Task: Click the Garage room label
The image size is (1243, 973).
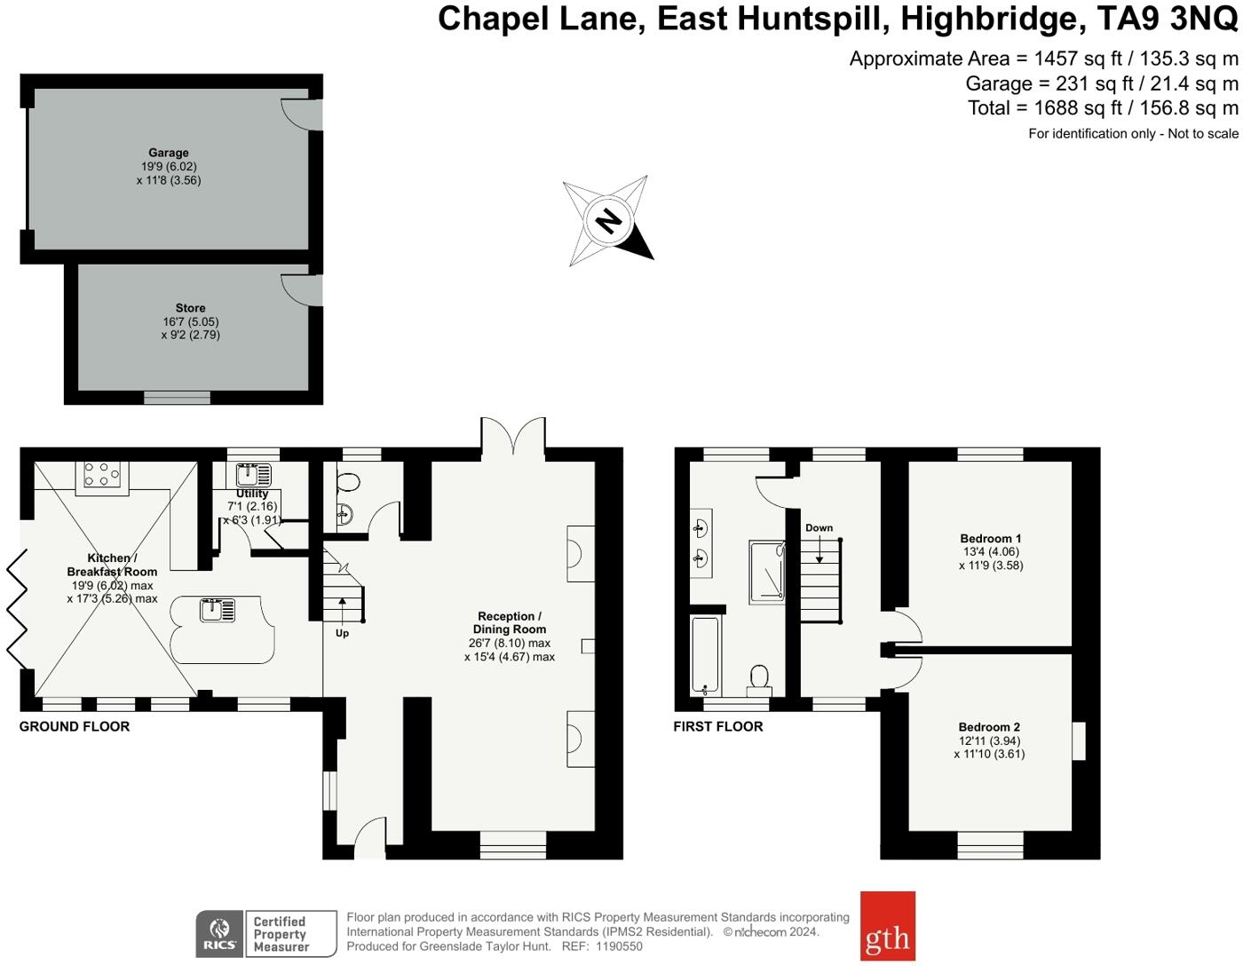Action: (169, 153)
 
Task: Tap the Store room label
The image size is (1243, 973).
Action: (190, 308)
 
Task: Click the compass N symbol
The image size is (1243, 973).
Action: (608, 220)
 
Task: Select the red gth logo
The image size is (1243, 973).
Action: (887, 926)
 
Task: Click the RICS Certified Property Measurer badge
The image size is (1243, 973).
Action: (266, 934)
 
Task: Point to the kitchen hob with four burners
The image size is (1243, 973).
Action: (102, 475)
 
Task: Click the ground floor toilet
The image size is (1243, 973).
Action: (348, 483)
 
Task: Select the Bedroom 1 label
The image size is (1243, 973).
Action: (991, 538)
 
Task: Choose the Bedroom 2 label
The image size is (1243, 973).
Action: (989, 727)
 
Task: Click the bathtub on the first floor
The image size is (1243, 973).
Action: (705, 655)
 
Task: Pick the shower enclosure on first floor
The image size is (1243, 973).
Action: (766, 573)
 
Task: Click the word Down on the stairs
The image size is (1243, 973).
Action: (819, 527)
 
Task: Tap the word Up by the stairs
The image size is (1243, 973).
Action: (342, 633)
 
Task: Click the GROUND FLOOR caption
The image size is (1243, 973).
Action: (75, 726)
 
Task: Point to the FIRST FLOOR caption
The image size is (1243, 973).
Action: (717, 726)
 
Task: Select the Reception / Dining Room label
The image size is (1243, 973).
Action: (510, 622)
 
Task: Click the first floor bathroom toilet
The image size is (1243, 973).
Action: (759, 677)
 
